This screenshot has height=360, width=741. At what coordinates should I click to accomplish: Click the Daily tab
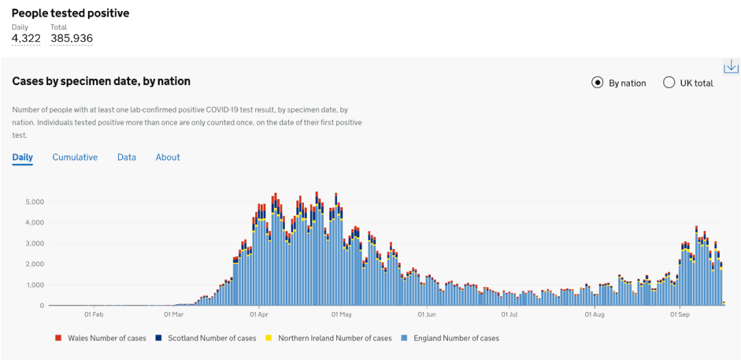coord(23,157)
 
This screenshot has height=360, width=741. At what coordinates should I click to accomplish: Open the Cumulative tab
coord(75,157)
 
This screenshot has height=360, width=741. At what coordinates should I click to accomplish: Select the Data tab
coord(126,157)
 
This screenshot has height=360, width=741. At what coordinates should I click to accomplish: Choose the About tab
coord(167,157)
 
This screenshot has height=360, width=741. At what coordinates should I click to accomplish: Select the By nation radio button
coord(598,83)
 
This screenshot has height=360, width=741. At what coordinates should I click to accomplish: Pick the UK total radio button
coord(669,83)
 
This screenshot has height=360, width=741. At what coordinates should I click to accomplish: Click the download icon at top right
coord(731,67)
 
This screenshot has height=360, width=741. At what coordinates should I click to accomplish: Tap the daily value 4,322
coord(26,38)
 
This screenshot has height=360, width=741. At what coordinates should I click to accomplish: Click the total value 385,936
coord(71,38)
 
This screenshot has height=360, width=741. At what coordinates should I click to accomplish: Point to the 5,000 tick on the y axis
coord(34,202)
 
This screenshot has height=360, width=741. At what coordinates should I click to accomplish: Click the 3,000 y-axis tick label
coord(34,243)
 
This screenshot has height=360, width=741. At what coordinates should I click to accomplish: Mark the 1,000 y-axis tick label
coord(34,285)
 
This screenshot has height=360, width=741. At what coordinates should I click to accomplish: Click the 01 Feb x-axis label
coord(94,315)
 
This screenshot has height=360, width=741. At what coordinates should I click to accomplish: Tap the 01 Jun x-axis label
coord(427,315)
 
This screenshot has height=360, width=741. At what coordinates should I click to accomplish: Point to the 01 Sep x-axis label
coord(680,315)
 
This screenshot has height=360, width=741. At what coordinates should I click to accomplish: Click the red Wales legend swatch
coord(58,338)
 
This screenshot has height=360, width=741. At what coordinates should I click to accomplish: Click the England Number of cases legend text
coord(456,338)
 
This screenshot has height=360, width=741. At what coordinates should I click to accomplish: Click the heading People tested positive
coord(71,13)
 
